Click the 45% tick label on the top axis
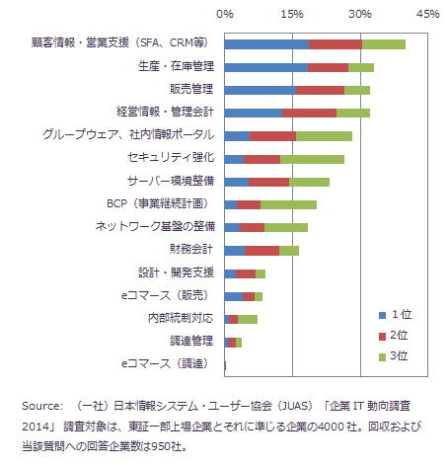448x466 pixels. coord(428,14)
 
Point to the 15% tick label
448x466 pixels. coord(292,14)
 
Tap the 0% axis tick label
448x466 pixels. coord(225,14)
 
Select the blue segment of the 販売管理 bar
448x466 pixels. coord(261,90)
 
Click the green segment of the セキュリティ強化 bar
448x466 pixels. coord(312,159)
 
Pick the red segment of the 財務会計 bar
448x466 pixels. coord(261,251)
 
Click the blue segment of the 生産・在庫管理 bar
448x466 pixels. coord(266,67)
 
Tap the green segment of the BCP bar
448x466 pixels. coord(288,204)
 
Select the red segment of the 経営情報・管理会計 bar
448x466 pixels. coord(309,113)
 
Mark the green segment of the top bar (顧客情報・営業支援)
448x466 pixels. coord(384,44)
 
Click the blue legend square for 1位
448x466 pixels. coord(382,315)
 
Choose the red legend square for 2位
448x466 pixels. coord(382,337)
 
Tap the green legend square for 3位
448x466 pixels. coord(382,357)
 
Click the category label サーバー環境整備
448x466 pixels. coord(171,181)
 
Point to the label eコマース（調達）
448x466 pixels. coord(166,363)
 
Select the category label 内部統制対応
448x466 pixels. coord(181,318)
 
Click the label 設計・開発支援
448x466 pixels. coord(176,272)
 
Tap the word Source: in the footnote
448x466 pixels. coord(42,406)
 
